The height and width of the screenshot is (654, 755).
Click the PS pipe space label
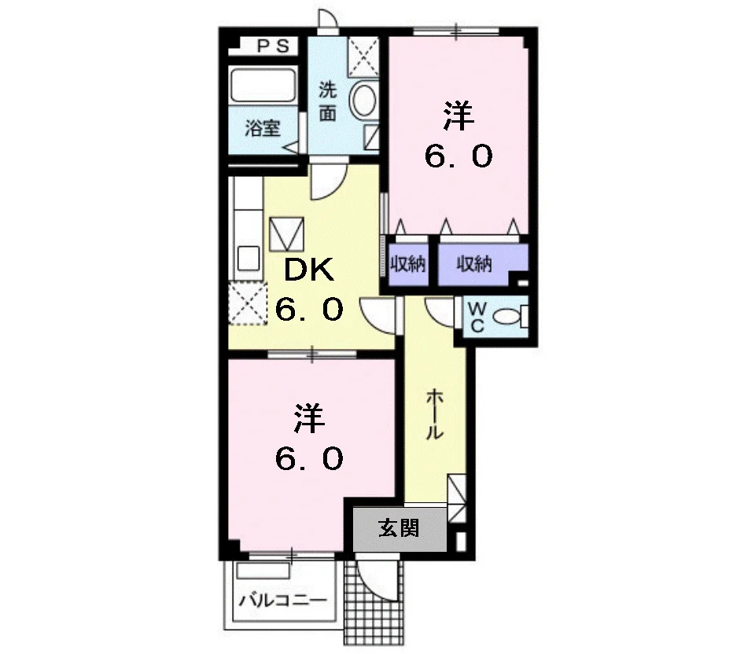pyautogui.click(x=274, y=46)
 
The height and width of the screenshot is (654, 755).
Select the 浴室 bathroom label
pyautogui.click(x=263, y=128)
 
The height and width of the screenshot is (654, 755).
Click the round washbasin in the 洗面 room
pyautogui.click(x=363, y=100)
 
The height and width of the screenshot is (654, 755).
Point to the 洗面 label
pyautogui.click(x=328, y=101)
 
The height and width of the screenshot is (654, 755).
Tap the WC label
pyautogui.click(x=477, y=317)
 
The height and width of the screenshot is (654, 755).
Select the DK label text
pyautogui.click(x=308, y=270)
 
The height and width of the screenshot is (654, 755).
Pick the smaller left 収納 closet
pyautogui.click(x=408, y=263)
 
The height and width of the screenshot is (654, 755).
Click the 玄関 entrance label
pyautogui.click(x=399, y=528)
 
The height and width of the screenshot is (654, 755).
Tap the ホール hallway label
pyautogui.click(x=434, y=415)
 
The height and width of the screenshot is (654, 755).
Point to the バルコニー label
pyautogui.click(x=283, y=601)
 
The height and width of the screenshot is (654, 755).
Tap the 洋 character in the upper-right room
pyautogui.click(x=459, y=116)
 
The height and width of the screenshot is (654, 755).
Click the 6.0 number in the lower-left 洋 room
pyautogui.click(x=309, y=458)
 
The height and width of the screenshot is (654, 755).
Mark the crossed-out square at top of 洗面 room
pyautogui.click(x=363, y=57)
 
